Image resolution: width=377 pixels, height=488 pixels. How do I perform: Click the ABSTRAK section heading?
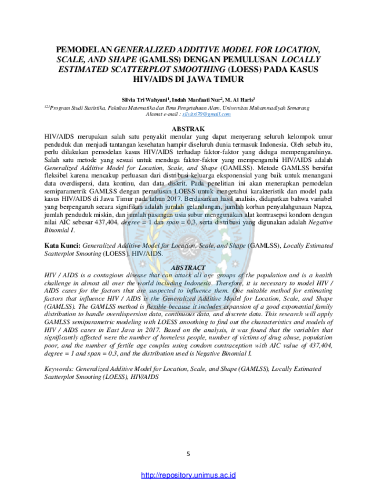(x=188, y=129)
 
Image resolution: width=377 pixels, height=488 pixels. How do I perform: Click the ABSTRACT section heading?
(x=188, y=268)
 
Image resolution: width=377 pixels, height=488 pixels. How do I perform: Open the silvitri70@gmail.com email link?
(x=206, y=114)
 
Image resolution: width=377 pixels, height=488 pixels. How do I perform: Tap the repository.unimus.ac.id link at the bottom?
(x=188, y=475)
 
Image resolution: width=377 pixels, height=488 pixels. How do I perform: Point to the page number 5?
(x=188, y=454)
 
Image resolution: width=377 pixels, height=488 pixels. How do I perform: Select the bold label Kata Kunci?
(x=62, y=245)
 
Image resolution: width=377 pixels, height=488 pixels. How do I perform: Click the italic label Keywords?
(x=59, y=369)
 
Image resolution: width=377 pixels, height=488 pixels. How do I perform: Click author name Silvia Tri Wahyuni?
(x=144, y=100)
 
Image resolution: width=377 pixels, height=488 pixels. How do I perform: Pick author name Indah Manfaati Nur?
(x=196, y=100)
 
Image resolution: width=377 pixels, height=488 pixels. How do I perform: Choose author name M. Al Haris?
(x=239, y=100)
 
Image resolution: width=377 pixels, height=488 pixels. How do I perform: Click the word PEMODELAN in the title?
(x=84, y=50)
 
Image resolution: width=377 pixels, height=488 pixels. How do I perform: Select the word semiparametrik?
(x=66, y=191)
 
